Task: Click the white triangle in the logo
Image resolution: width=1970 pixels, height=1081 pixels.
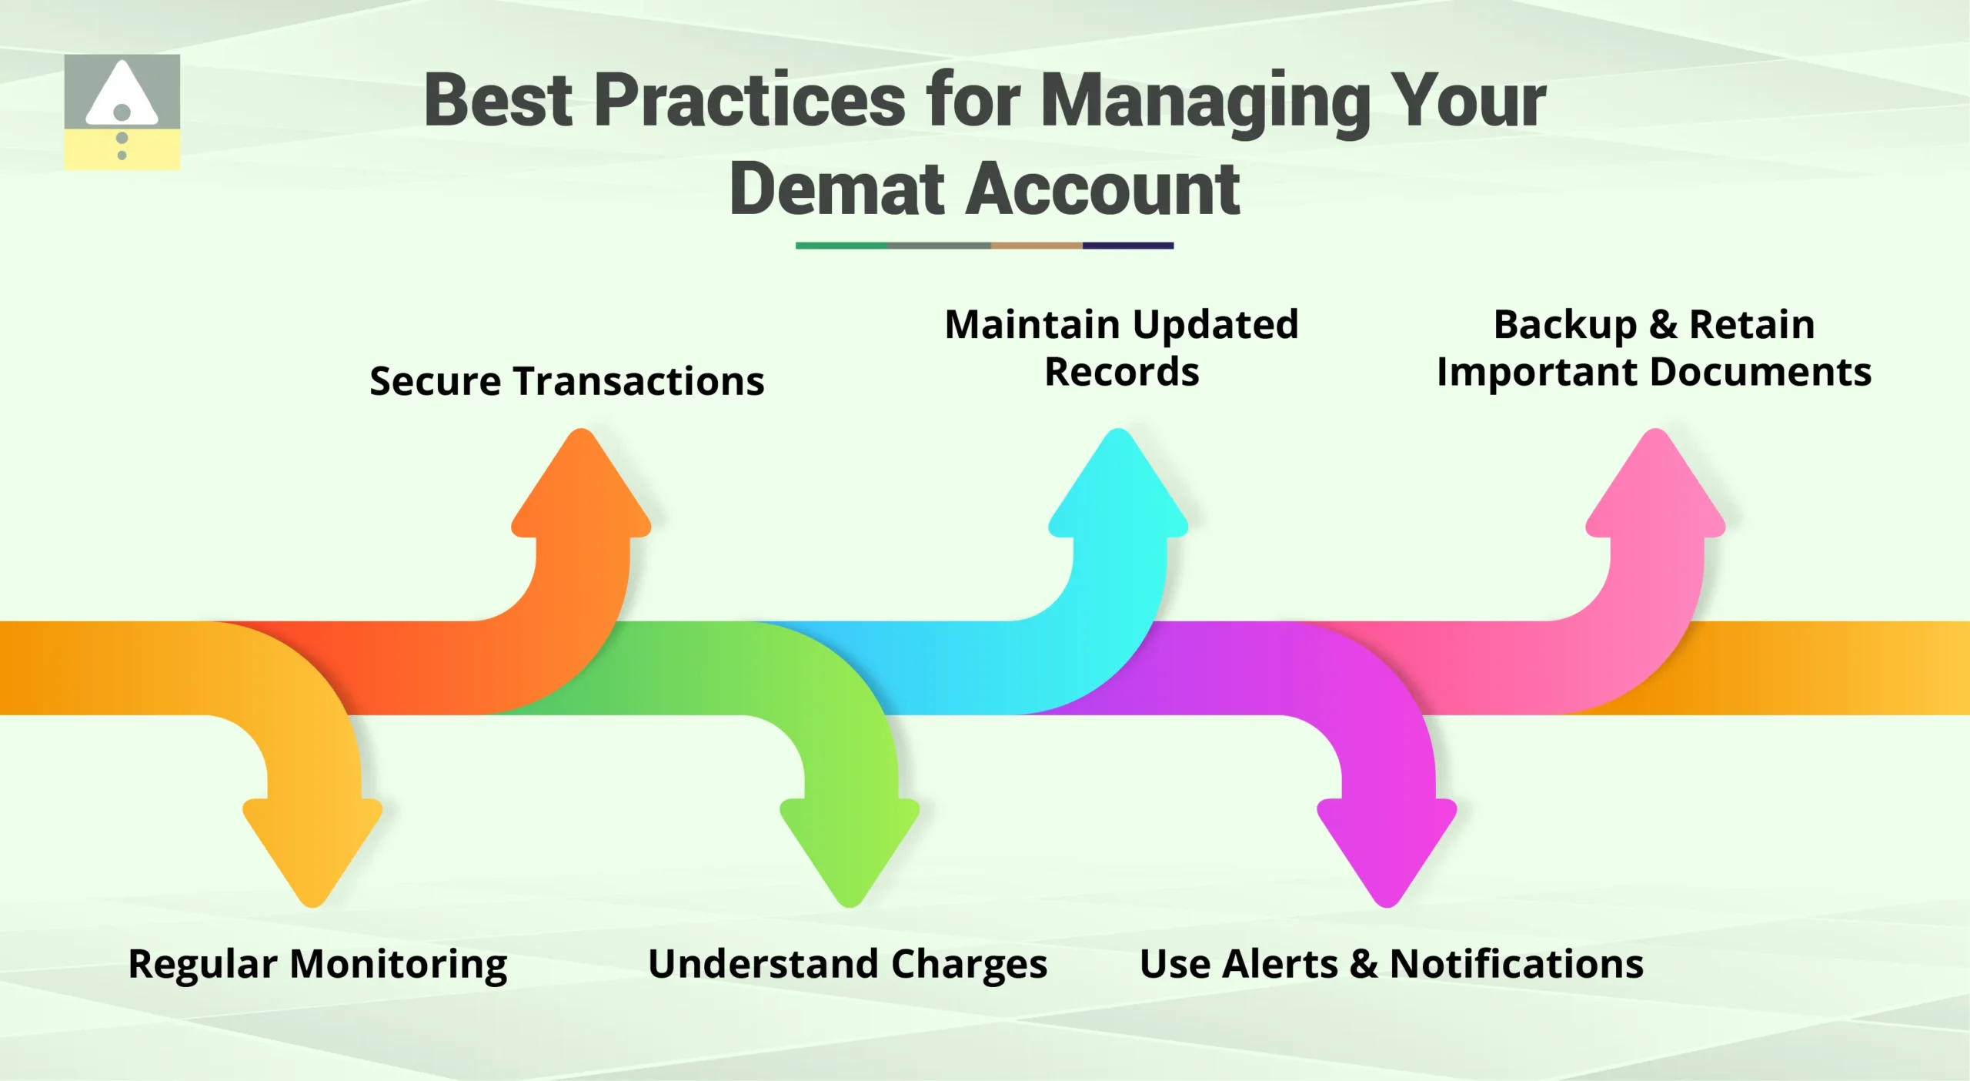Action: point(122,96)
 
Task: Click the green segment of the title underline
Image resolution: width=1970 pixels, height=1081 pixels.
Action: point(841,246)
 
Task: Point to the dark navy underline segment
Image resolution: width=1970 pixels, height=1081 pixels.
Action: point(1127,246)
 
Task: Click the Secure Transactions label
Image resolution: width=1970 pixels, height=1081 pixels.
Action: point(566,381)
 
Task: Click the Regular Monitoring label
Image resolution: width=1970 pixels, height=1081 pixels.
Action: point(317,964)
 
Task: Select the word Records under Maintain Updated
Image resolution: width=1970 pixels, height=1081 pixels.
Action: point(1121,373)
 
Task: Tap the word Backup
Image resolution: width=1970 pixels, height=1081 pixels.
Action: point(1564,325)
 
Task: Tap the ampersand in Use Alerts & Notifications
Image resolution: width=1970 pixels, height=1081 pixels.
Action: point(1363,964)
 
